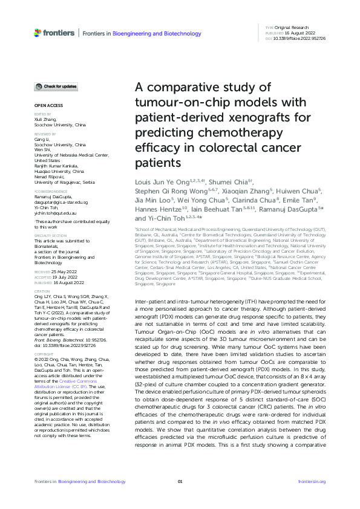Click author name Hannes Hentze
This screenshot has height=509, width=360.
(159, 209)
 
